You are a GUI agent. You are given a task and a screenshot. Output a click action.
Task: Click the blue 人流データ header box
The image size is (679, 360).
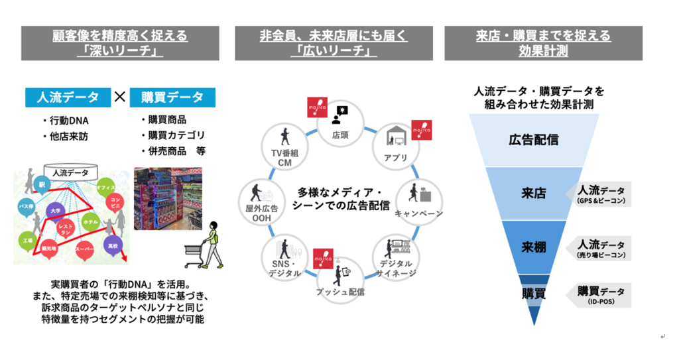(67, 97)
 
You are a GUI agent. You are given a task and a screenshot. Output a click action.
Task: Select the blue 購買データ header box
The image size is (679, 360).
(172, 97)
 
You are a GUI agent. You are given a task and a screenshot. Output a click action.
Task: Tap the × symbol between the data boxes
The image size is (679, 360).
(120, 97)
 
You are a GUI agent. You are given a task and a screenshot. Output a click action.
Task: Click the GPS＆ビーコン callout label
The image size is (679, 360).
(600, 194)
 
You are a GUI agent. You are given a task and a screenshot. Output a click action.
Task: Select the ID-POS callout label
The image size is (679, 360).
(600, 294)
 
